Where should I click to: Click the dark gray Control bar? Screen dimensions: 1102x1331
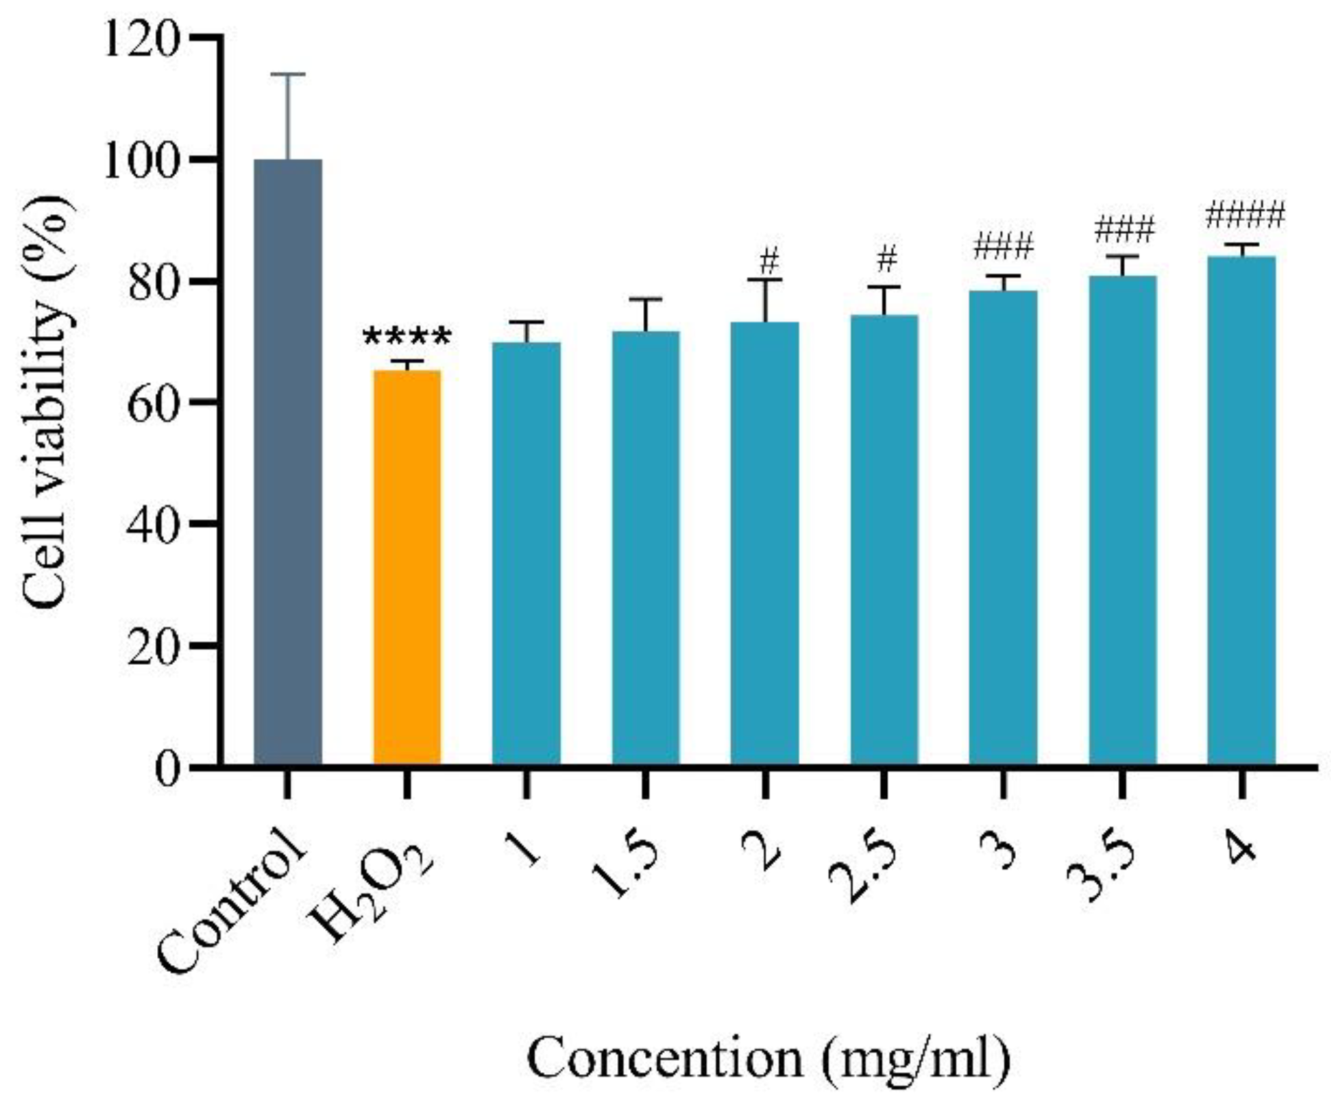(x=287, y=462)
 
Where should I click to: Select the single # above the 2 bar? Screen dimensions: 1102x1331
(x=769, y=260)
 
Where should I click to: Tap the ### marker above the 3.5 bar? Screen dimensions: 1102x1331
(x=1124, y=231)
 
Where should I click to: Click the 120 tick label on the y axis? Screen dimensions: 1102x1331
(x=141, y=39)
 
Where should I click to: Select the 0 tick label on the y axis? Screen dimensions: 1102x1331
(x=167, y=768)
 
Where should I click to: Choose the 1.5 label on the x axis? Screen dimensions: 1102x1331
(x=623, y=868)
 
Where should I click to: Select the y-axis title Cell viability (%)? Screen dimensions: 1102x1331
(x=46, y=403)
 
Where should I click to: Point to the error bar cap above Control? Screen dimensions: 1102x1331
(x=287, y=75)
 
